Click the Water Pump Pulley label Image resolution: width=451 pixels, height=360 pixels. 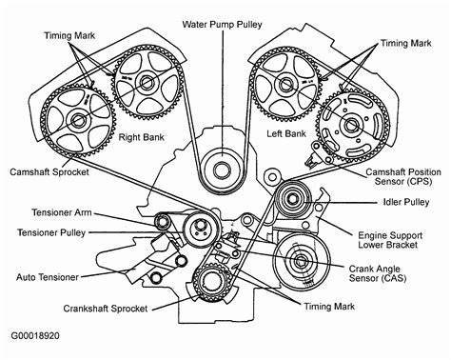[225, 21]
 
